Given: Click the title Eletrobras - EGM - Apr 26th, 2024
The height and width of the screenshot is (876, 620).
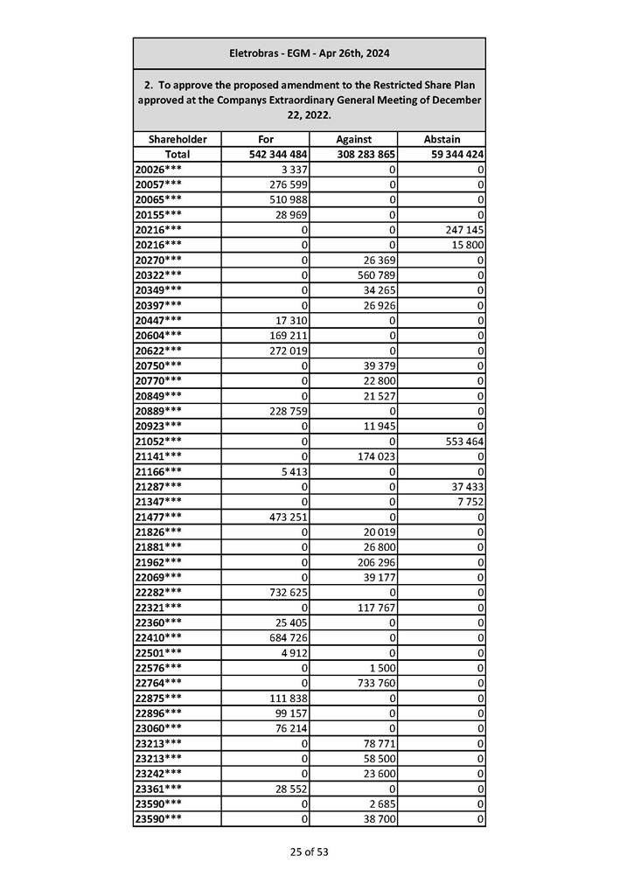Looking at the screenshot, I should click(309, 53).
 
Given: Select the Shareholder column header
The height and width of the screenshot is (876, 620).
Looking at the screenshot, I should click(178, 139).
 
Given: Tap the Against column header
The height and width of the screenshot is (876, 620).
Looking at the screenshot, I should click(353, 139).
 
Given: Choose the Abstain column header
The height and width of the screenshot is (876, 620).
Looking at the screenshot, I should click(442, 139).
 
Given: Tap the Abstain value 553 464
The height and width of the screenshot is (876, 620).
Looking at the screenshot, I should click(463, 441).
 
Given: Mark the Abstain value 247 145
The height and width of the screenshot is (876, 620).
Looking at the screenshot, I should click(463, 229).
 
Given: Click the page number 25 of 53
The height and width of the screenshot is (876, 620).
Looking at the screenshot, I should click(310, 851).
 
